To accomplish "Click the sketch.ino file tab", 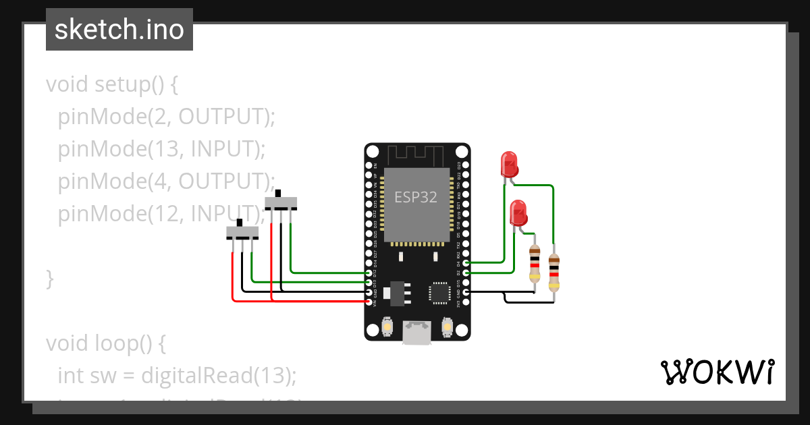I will (x=119, y=30).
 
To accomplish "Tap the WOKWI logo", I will (x=716, y=372).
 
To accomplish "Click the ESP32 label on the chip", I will (x=416, y=197).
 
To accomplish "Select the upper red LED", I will (x=509, y=164).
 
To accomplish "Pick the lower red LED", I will (x=518, y=213).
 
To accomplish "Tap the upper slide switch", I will (x=281, y=202).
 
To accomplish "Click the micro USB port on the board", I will (x=416, y=332).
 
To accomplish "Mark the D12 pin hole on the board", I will (x=369, y=273).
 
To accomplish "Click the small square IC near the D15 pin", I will (x=439, y=292).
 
